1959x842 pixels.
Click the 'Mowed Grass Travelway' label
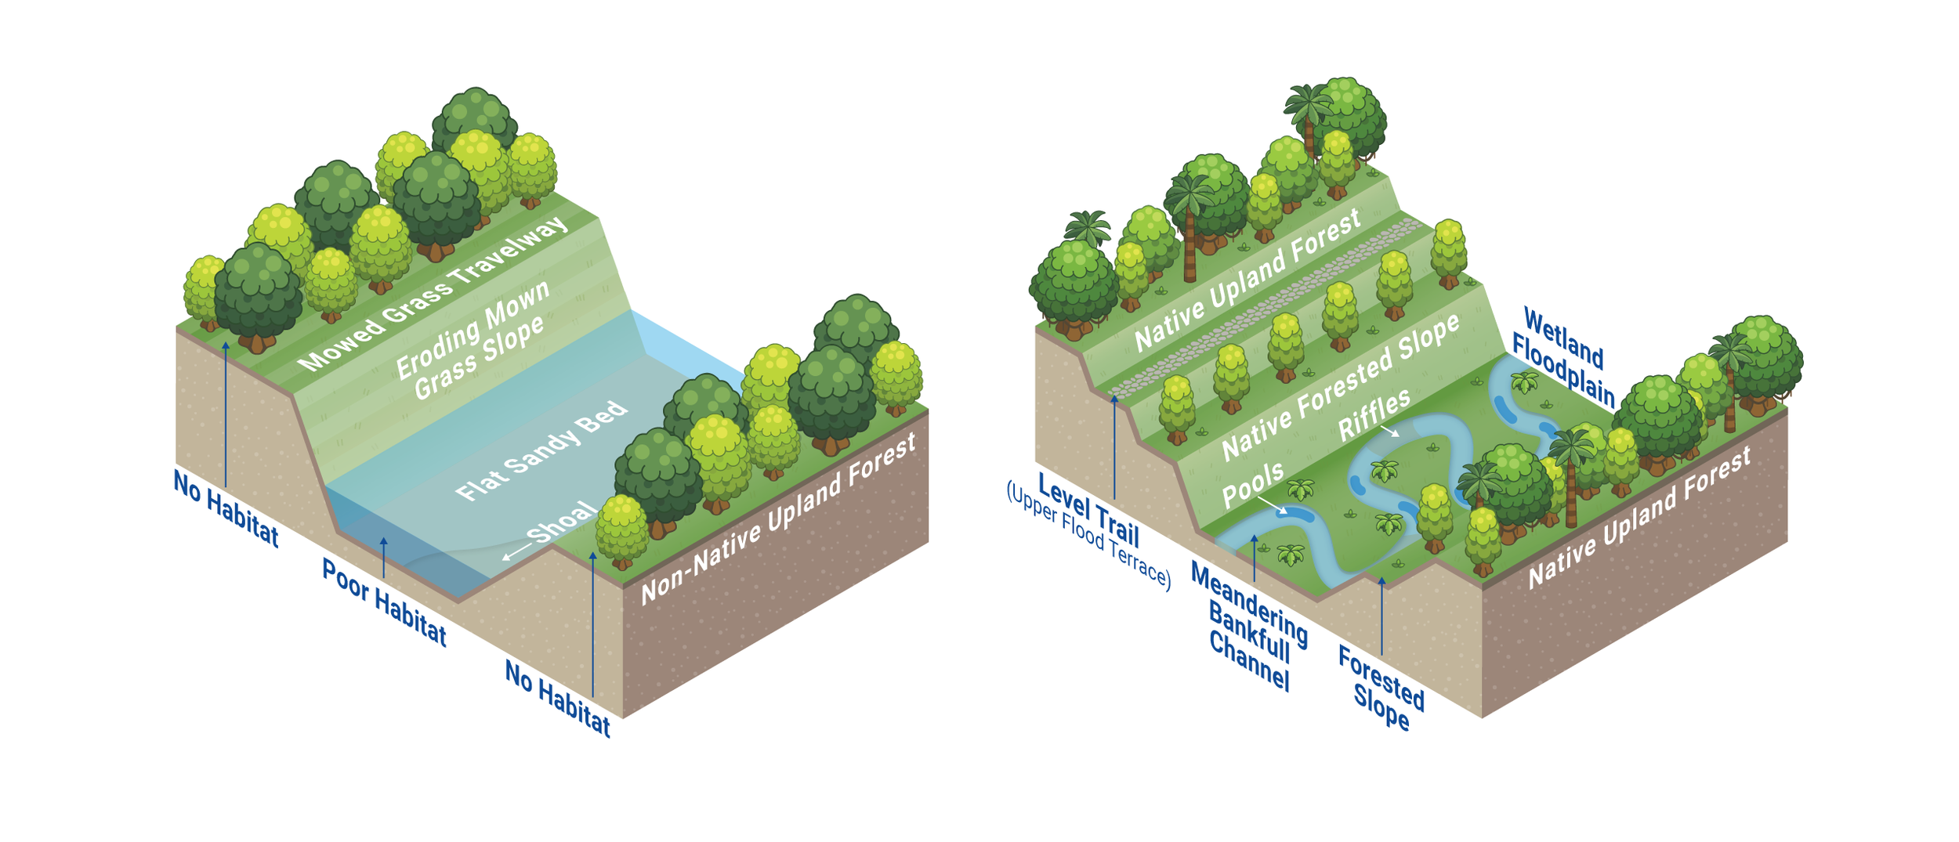click(433, 294)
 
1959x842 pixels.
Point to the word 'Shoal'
click(562, 522)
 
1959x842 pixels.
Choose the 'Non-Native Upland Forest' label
click(778, 519)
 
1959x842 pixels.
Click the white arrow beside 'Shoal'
click(516, 552)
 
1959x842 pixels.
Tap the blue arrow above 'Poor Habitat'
click(383, 558)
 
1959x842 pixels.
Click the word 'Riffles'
click(1374, 414)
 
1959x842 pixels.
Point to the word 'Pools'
click(1253, 483)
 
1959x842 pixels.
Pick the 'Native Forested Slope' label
click(1341, 388)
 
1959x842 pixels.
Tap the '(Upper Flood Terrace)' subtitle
click(1088, 537)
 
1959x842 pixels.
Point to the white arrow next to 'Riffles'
click(1389, 430)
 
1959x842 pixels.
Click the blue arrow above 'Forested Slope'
click(1381, 616)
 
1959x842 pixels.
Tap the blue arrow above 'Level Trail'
click(1113, 446)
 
